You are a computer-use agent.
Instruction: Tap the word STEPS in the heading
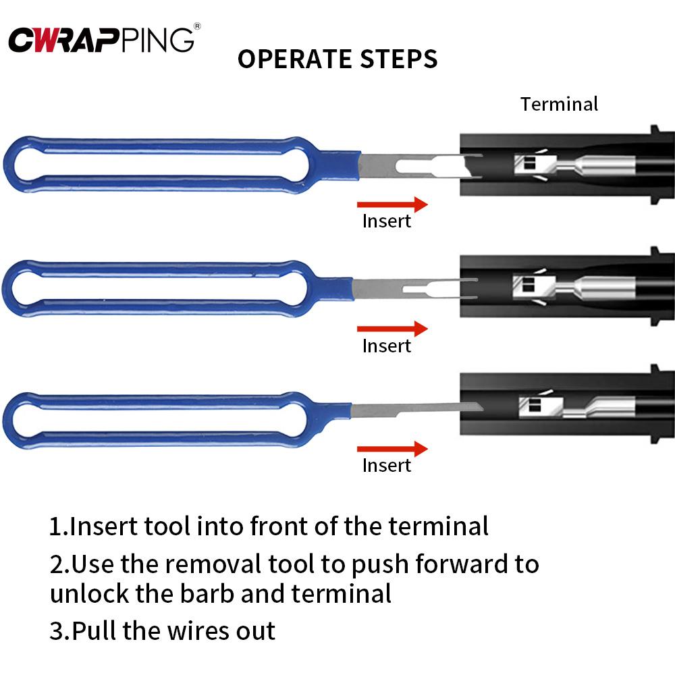(402, 59)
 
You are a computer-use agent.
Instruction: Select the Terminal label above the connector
(559, 104)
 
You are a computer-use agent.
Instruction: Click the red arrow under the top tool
(392, 204)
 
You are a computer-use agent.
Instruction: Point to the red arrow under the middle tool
(392, 329)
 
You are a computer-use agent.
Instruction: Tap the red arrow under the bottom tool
(392, 448)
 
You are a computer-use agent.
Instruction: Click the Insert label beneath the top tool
(386, 221)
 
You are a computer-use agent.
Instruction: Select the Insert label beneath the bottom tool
(386, 465)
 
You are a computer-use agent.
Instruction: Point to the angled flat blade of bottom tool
(418, 408)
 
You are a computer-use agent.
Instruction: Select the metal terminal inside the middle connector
(574, 286)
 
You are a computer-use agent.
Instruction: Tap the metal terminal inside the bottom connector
(574, 406)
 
